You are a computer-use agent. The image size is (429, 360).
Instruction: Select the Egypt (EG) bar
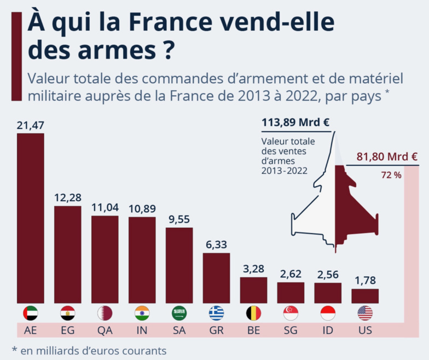tap(67, 254)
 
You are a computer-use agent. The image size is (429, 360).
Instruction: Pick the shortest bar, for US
tap(365, 296)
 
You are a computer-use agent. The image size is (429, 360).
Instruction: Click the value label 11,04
tap(105, 208)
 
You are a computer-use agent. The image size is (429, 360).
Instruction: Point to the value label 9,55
tap(179, 220)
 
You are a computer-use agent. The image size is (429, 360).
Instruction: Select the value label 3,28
tap(253, 269)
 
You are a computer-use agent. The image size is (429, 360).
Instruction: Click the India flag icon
tap(142, 313)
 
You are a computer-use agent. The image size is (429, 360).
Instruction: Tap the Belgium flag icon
tap(253, 313)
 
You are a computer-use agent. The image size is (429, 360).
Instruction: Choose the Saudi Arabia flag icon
tap(179, 313)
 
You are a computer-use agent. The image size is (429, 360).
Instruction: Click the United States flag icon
tap(365, 313)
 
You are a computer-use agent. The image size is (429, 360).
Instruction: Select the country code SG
tap(291, 330)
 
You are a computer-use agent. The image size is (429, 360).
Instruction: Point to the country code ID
tap(328, 330)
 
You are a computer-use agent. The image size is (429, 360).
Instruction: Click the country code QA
tap(105, 330)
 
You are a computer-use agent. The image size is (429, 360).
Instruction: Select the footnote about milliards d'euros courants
tap(88, 350)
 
